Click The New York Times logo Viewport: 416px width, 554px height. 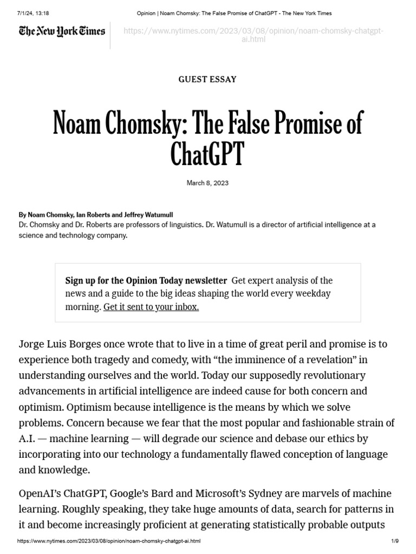62,31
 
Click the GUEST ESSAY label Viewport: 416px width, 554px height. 207,79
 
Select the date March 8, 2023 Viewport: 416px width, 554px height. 207,183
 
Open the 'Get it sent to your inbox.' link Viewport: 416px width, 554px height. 151,307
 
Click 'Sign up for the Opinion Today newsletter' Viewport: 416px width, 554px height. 146,280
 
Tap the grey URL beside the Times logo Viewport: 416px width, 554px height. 253,35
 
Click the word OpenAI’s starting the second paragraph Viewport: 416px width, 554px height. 41,493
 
